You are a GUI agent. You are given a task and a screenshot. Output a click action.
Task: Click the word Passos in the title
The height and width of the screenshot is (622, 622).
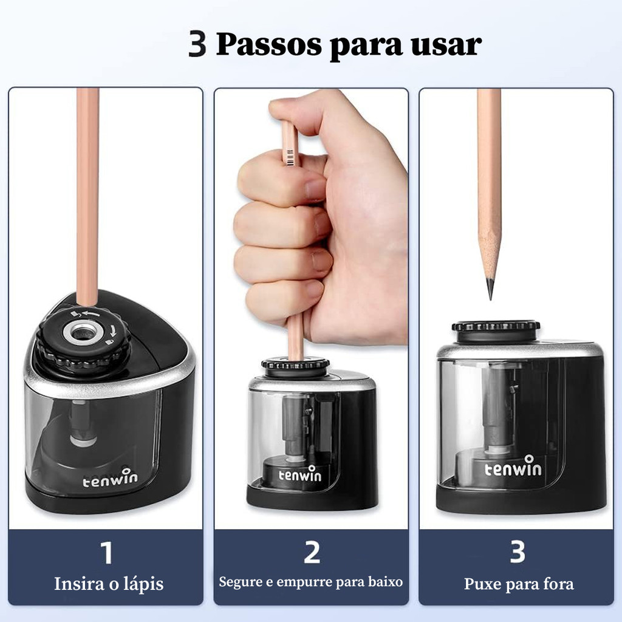click(268, 44)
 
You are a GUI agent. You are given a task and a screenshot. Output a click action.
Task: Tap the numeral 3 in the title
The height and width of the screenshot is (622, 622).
click(197, 44)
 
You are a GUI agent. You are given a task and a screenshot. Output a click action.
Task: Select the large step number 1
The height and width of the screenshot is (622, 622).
click(107, 553)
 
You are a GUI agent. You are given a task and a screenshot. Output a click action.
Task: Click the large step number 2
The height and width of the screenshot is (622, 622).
click(312, 552)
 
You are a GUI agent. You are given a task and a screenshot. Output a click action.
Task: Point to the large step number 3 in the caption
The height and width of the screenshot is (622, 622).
click(518, 552)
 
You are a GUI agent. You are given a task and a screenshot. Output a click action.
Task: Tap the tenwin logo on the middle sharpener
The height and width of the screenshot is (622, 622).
click(299, 474)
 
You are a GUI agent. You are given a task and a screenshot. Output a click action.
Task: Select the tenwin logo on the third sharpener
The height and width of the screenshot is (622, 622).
click(513, 466)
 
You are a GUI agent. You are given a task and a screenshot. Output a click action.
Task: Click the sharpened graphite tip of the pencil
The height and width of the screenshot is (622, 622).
click(490, 289)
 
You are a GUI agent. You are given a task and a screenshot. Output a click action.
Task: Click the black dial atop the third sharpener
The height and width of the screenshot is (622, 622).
click(496, 330)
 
